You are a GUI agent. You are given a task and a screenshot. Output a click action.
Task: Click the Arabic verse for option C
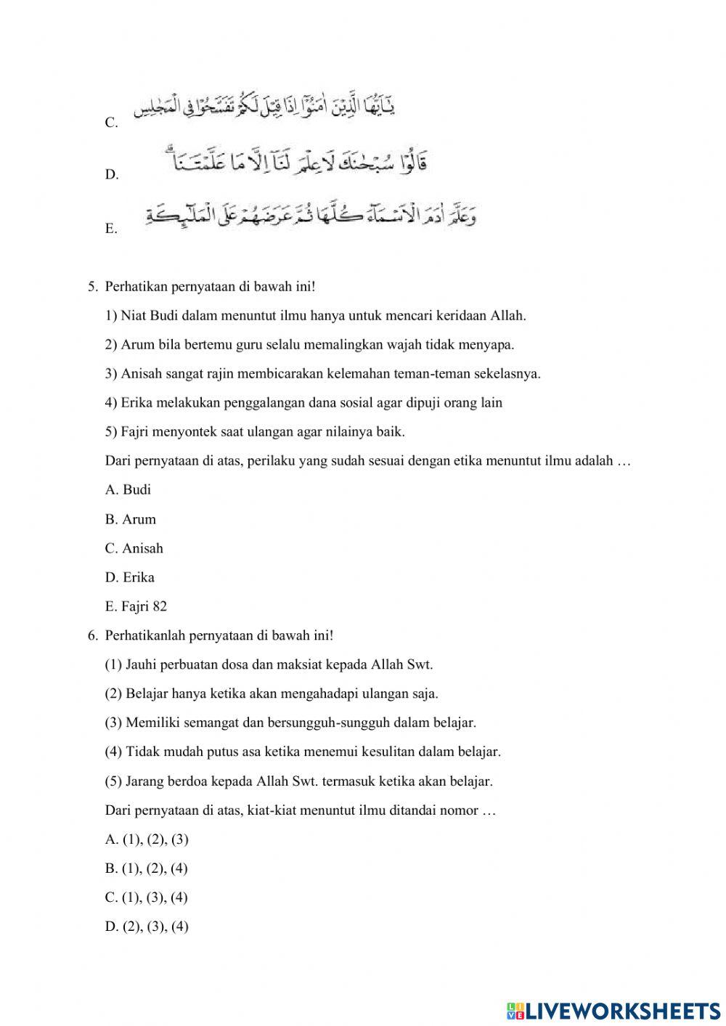coord(264,108)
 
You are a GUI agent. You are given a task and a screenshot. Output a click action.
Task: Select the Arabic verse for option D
coord(294,160)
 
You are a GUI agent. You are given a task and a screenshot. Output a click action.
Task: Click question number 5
coord(92,287)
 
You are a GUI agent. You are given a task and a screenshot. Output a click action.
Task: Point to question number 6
coord(92,635)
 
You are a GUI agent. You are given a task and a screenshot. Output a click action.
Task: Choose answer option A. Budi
coord(128,490)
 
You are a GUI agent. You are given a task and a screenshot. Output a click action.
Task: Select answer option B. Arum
coord(130,519)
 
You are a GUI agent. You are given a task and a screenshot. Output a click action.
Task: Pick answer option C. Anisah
coord(134,548)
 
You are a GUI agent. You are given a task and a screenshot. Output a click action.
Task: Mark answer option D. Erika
coord(129,577)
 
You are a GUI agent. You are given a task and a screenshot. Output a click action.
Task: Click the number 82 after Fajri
coord(160,606)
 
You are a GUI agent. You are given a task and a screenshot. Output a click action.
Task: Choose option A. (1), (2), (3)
coord(147,839)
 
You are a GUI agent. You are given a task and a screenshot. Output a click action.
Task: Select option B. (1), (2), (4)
coord(147,868)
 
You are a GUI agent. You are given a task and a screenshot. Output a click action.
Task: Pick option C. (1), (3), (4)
coord(147,897)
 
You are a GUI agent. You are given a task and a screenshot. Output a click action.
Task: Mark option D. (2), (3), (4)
coord(147,927)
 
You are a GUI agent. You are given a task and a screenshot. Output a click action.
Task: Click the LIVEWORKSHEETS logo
coord(613,1010)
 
